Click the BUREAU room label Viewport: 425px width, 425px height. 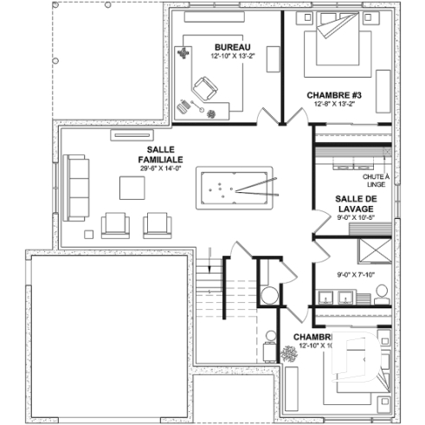tap(231, 46)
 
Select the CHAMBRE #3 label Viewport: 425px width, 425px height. tap(333, 94)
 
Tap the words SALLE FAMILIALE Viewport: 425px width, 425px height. tap(159, 155)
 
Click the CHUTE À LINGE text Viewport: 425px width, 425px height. tap(376, 180)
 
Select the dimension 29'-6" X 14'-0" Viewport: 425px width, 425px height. tap(159, 169)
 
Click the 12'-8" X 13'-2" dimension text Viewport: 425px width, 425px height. tap(333, 104)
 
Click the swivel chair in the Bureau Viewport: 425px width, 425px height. tap(206, 88)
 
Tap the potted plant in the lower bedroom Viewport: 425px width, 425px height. tap(288, 353)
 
